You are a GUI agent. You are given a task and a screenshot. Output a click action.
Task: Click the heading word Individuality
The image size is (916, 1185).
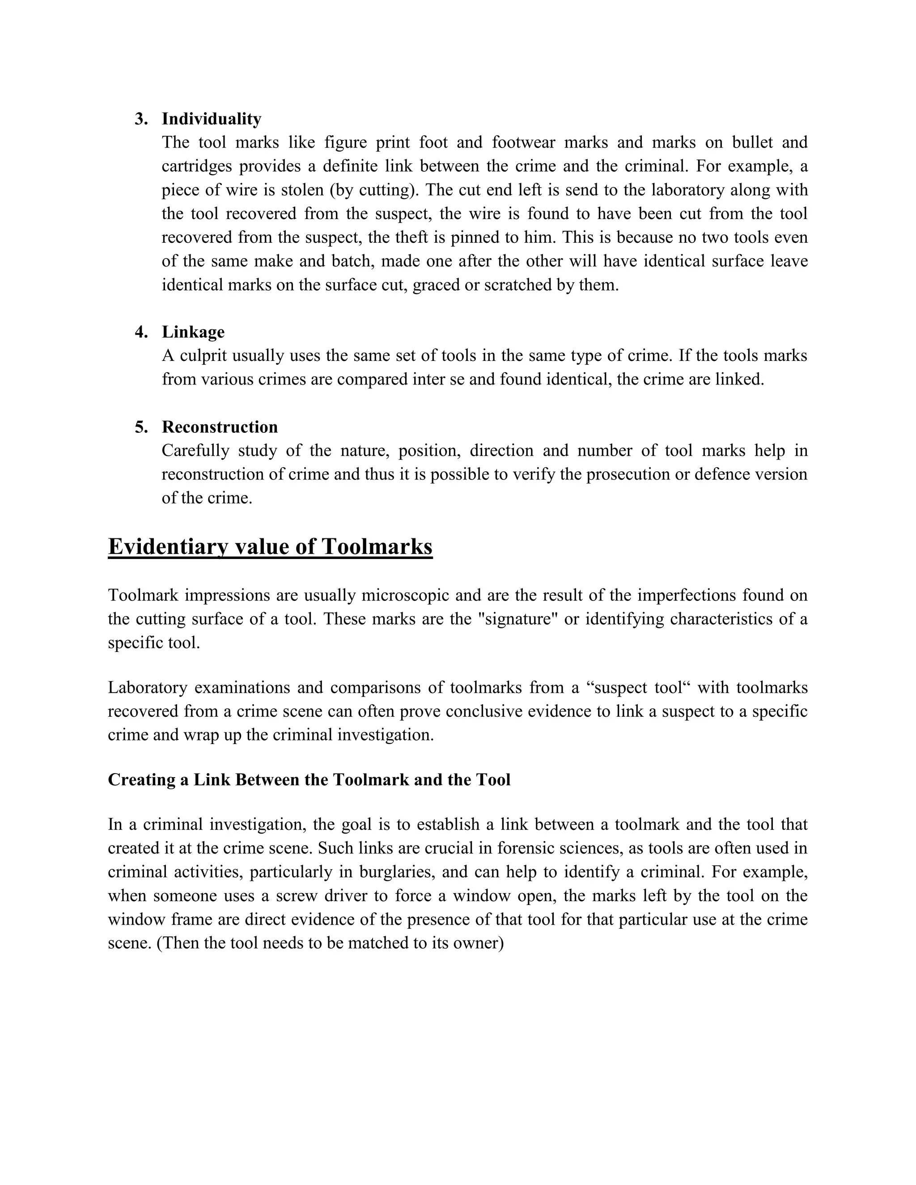(211, 119)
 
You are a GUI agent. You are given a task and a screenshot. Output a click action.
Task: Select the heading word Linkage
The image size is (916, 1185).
(193, 332)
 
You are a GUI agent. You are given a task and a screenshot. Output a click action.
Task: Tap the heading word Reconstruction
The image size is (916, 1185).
(219, 427)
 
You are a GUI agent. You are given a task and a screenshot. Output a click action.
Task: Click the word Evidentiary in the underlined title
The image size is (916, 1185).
(168, 546)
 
